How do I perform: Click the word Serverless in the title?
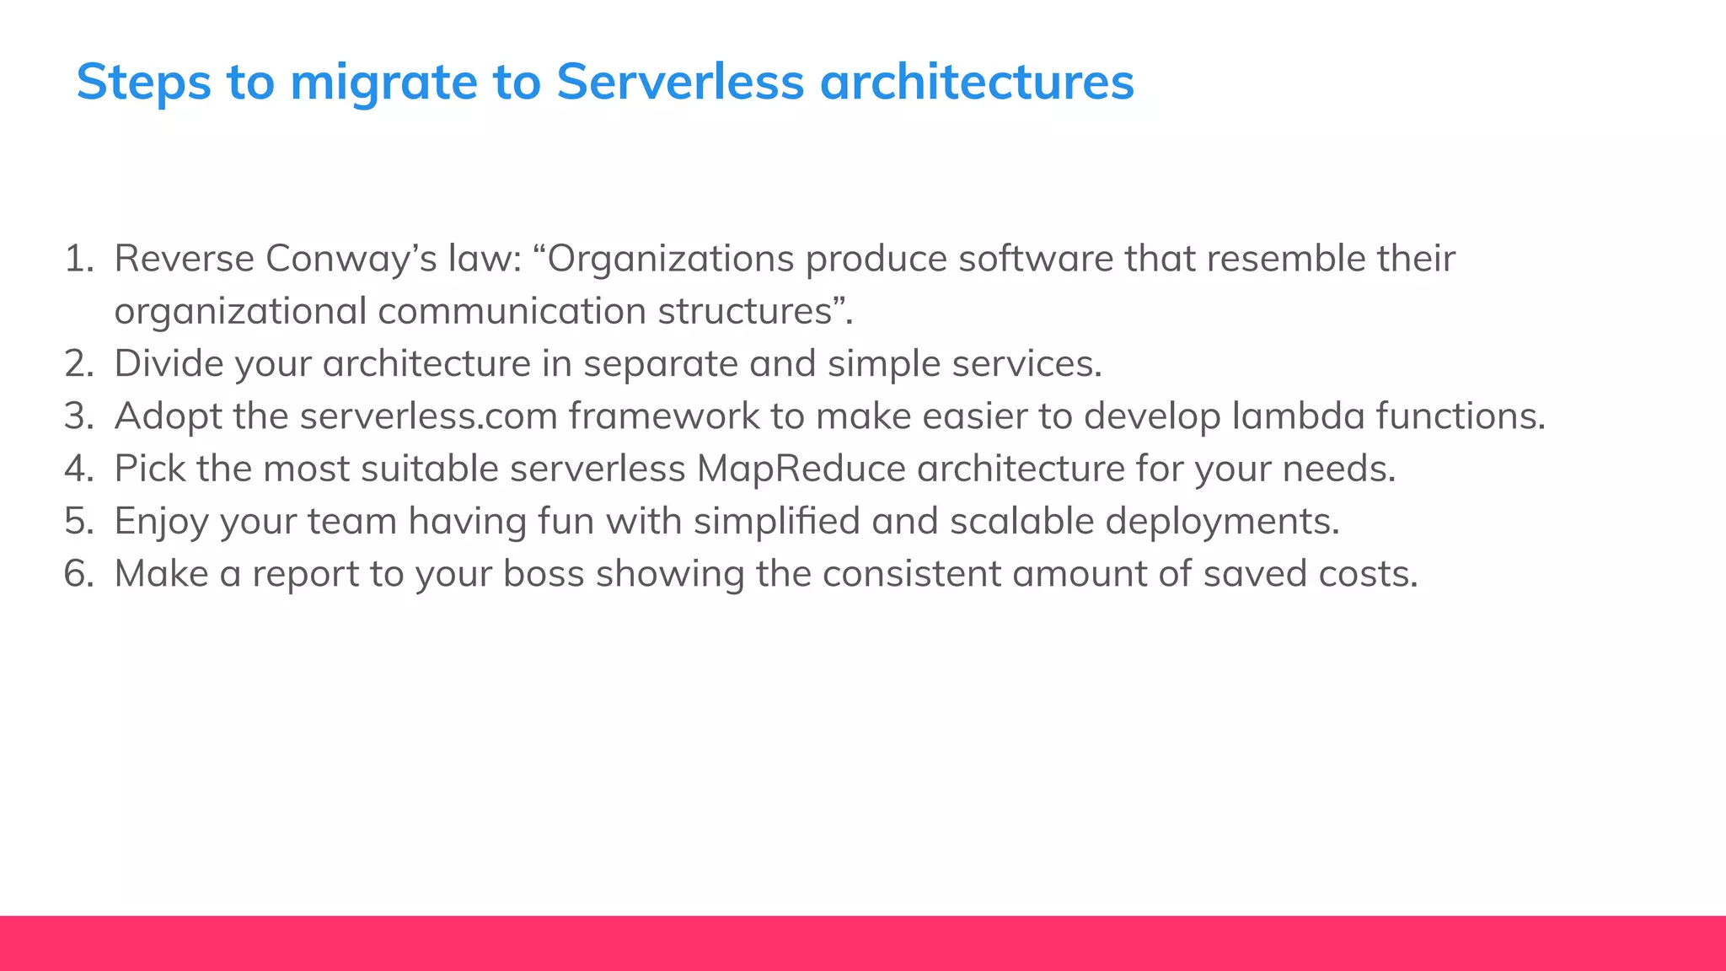679,83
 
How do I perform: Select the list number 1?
78,259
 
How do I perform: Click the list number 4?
78,469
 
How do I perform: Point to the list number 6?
78,574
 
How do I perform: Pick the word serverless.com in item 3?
428,416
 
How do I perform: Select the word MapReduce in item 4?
801,469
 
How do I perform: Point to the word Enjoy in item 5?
161,522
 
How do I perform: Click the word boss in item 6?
544,574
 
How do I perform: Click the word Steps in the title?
143,83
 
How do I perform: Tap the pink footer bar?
863,943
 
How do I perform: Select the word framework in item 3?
663,416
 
